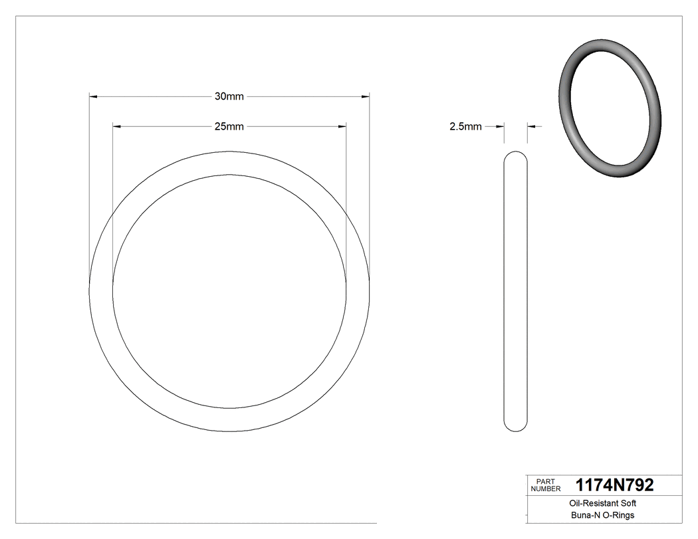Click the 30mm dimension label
coord(229,96)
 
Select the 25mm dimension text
coord(229,126)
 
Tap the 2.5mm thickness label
coord(465,126)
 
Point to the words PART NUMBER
coord(544,485)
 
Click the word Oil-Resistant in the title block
coord(588,504)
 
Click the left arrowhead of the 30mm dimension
coord(94,96)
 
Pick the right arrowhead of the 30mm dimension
coord(365,96)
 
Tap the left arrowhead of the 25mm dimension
coord(117,126)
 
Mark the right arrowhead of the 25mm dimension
coord(342,126)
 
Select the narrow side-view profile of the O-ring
coord(516,292)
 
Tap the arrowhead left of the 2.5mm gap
coord(501,126)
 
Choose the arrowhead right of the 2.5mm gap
coord(531,126)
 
